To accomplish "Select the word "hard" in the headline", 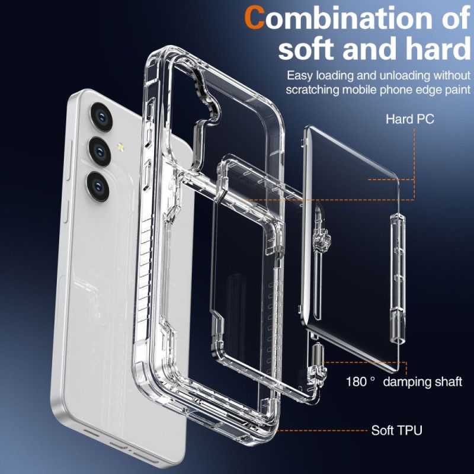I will (433, 49).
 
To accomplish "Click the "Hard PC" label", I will (410, 119).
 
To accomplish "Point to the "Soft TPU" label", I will (396, 430).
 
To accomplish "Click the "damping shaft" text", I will (422, 381).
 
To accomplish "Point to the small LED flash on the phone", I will (122, 145).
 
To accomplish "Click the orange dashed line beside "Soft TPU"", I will (320, 430).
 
